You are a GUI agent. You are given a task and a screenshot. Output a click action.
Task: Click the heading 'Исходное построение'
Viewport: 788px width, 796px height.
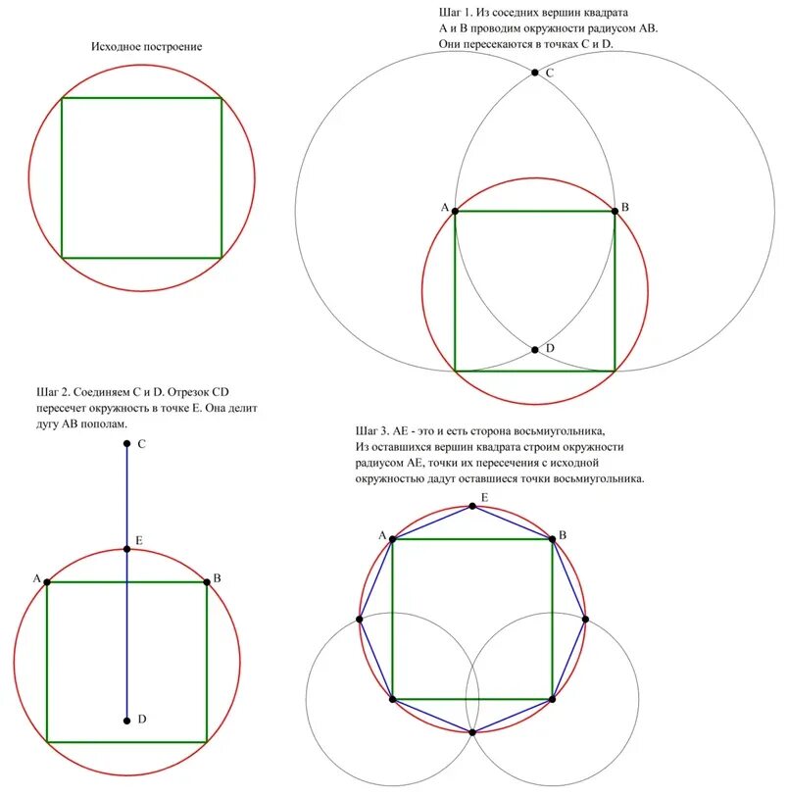click(x=147, y=47)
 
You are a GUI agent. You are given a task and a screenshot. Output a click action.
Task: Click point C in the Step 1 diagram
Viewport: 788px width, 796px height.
click(x=535, y=72)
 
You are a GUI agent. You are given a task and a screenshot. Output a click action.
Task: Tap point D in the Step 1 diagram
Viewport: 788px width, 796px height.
click(x=535, y=349)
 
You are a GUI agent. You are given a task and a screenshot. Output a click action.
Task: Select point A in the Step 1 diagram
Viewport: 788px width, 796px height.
click(x=455, y=211)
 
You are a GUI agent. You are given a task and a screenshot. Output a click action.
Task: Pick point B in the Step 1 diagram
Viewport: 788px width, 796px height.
click(x=615, y=210)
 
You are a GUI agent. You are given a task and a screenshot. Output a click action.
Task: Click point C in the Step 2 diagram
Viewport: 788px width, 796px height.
click(x=127, y=444)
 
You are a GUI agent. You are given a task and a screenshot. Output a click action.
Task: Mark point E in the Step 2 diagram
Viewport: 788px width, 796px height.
click(x=127, y=549)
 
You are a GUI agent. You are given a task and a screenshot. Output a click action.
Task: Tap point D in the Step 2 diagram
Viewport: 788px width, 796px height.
click(x=127, y=721)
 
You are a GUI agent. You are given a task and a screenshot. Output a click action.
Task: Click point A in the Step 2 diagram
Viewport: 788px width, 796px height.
click(x=47, y=582)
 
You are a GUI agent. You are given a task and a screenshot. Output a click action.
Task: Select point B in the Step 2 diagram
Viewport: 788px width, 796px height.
click(x=207, y=582)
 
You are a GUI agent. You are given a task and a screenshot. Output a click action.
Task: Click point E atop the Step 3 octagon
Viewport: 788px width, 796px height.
click(x=472, y=506)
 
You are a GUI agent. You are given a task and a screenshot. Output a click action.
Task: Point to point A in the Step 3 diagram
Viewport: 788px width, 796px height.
click(x=392, y=538)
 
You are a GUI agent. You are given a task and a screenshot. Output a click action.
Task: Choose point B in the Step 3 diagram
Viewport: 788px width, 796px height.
click(x=553, y=538)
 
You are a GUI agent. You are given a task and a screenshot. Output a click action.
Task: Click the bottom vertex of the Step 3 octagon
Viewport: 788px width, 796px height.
click(x=472, y=732)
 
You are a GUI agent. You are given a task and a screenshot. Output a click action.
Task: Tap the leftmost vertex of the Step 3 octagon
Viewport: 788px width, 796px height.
click(x=360, y=619)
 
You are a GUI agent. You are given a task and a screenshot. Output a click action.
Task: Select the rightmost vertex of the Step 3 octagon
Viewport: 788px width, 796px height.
click(x=585, y=619)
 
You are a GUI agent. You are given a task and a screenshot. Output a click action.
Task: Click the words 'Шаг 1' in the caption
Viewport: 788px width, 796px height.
click(x=454, y=13)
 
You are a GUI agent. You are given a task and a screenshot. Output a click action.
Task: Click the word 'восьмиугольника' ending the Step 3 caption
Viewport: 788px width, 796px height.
click(x=598, y=480)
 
